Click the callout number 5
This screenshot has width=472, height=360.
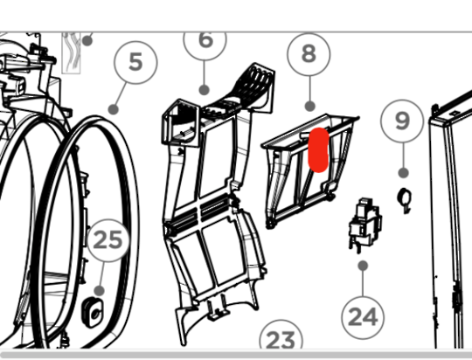135,62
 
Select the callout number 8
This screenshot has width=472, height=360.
309,54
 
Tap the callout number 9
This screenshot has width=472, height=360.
402,121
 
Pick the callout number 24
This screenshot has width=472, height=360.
363,317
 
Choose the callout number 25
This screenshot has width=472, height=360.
108,240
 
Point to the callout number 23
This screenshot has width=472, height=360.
281,340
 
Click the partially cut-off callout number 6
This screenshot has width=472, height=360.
206,40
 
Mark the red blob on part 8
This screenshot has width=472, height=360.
318,150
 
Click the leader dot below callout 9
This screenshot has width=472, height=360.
403,173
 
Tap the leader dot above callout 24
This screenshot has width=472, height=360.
364,266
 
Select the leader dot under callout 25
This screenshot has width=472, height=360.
100,291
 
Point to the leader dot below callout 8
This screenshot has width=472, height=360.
310,106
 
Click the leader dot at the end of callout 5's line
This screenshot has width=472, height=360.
113,109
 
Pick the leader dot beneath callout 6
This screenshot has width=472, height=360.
205,90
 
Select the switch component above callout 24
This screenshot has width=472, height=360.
364,224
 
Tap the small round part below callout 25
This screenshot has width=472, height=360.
93,313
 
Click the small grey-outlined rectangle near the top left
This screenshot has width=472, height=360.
71,53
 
